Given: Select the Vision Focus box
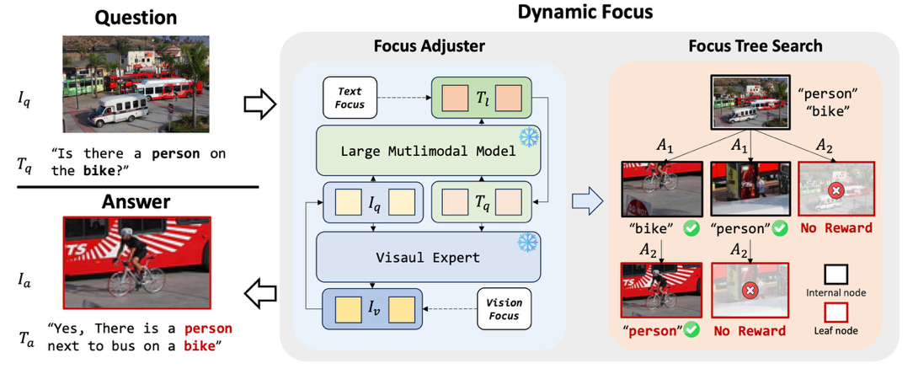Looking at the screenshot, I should point(503,309).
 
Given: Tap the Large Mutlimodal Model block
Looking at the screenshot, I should point(428,151).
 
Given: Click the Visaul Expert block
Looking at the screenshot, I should point(428,257).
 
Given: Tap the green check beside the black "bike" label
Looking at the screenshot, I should point(690,227).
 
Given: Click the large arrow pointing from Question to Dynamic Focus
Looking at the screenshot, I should point(259,104).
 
